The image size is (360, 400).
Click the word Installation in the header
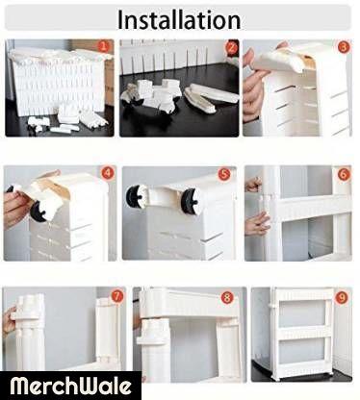[x=179, y=20]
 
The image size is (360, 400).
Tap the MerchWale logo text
[x=70, y=386]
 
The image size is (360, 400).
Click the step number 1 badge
[x=103, y=47]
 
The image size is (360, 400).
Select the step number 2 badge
[x=231, y=48]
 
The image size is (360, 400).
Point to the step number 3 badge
[x=344, y=47]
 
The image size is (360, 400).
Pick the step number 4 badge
[x=108, y=173]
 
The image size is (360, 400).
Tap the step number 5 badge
[x=224, y=174]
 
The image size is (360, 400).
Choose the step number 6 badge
[x=344, y=174]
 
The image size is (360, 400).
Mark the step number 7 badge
[x=116, y=296]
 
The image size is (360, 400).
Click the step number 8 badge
[x=227, y=298]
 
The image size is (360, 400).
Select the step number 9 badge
[x=342, y=298]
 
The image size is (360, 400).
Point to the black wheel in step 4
[x=37, y=210]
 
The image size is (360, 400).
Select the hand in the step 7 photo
[x=9, y=320]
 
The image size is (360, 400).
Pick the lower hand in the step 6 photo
[x=256, y=223]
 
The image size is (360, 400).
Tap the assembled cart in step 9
[x=301, y=334]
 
